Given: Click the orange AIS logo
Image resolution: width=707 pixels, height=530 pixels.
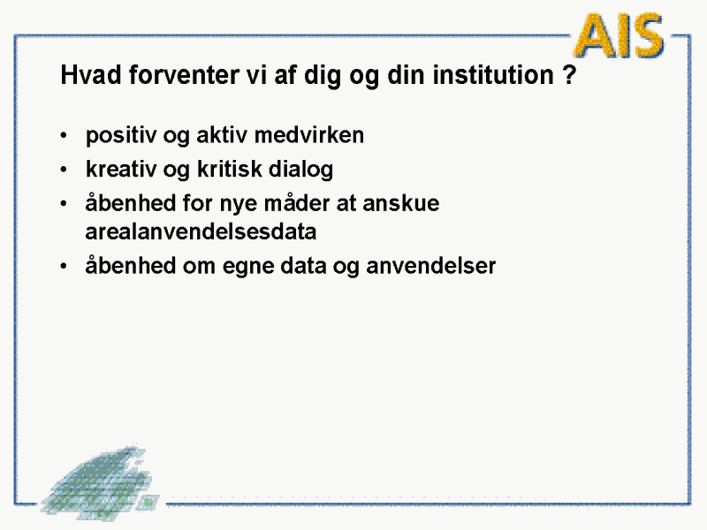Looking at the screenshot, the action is tap(620, 35).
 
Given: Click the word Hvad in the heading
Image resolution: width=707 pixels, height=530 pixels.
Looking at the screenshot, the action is tap(91, 74).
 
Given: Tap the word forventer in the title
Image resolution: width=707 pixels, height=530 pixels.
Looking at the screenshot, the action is tap(184, 74).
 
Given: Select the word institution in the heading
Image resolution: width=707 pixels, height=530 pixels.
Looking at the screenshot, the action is tap(493, 74).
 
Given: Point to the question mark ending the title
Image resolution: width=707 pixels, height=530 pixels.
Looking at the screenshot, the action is tap(569, 74).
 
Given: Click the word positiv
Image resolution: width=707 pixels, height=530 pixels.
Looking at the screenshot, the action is tap(121, 135).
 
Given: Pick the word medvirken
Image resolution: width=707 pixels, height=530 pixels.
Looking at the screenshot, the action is tap(308, 135).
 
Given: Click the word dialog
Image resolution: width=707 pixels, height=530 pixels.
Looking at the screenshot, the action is tap(300, 170).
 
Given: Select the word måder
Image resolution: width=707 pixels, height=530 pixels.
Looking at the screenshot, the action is tap(297, 203).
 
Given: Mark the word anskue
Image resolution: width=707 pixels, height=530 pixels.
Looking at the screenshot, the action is tap(401, 203).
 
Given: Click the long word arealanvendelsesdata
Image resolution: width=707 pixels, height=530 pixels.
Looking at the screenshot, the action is tap(201, 231).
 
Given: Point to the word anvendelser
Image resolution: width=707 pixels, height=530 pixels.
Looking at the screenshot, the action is tap(430, 266).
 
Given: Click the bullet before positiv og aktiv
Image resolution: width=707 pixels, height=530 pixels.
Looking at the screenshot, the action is tap(64, 135).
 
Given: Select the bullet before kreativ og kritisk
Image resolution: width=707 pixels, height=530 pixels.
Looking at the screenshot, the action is tap(64, 170).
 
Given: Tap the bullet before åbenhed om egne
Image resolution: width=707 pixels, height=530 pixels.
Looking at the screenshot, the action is tap(64, 266).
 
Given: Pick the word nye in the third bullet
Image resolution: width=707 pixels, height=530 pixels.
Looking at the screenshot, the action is tap(238, 204).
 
